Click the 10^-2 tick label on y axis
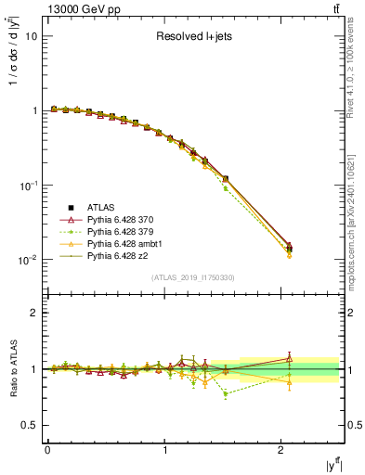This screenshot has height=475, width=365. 28,260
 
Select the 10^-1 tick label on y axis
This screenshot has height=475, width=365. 28,186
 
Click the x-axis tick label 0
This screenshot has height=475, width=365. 47,450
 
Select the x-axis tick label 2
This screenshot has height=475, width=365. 281,450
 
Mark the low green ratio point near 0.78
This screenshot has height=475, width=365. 225,393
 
